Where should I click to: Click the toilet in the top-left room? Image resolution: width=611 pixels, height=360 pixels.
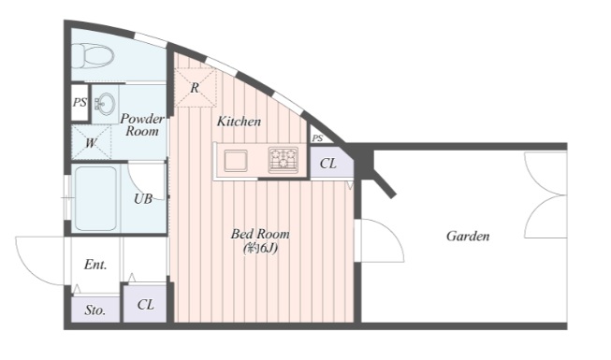93,55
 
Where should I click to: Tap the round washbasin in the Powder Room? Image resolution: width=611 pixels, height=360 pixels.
106,104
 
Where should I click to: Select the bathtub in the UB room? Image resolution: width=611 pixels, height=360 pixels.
95,198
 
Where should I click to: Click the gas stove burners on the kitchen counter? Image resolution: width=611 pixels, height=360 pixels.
284,160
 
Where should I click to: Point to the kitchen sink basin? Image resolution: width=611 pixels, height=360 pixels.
236,160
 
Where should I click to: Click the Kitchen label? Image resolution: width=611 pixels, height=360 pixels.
239,122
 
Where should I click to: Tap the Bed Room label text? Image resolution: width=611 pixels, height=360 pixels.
260,234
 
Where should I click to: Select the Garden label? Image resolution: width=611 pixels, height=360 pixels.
468,236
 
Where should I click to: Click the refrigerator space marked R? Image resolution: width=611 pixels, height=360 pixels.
195,88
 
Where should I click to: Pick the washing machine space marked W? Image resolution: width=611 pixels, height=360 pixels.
91,142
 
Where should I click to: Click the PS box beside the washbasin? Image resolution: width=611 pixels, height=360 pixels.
80,103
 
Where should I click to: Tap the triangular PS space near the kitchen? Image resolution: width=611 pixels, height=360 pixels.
319,136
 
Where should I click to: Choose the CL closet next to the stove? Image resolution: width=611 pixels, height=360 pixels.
331,162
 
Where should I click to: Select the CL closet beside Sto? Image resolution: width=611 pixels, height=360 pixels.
145,304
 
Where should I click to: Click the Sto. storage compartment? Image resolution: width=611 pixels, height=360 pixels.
95,310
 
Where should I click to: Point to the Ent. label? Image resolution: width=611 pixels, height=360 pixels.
95,265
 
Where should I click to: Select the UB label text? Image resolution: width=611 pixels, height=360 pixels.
143,199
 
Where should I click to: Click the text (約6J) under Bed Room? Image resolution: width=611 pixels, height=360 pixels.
260,248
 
